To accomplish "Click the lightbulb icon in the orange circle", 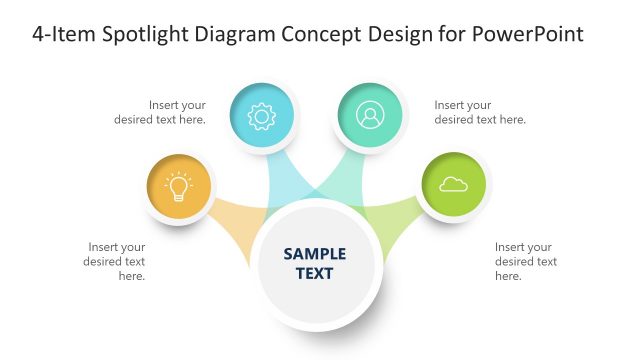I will pyautogui.click(x=179, y=187).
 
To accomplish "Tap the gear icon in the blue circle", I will pyautogui.click(x=262, y=116).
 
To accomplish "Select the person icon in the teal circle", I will pyautogui.click(x=369, y=116).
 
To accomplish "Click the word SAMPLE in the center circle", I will pyautogui.click(x=315, y=254).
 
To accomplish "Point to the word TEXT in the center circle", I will pyautogui.click(x=315, y=273).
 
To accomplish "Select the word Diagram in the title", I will pyautogui.click(x=235, y=36).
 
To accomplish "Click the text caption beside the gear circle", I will pyautogui.click(x=177, y=112).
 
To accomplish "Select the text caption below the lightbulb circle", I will pyautogui.click(x=117, y=261).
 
